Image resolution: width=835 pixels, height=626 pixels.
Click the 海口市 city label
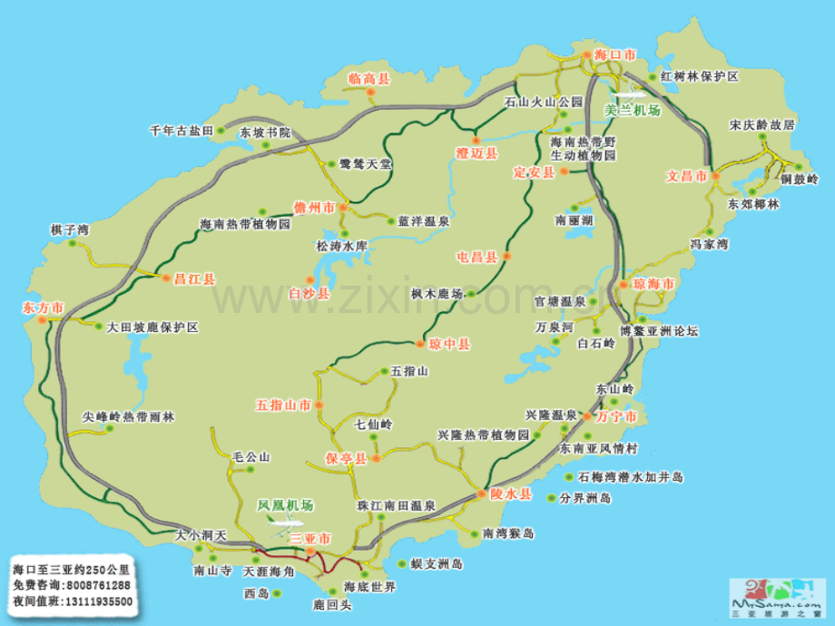click(x=614, y=55)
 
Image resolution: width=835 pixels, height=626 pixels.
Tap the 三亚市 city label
click(x=310, y=538)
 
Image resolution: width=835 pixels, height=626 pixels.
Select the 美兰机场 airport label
click(x=632, y=110)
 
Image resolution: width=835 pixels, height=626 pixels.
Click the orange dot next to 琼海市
click(x=624, y=285)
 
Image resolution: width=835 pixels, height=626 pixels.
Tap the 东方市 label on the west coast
click(x=42, y=308)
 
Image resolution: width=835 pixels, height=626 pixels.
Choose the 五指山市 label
click(x=283, y=404)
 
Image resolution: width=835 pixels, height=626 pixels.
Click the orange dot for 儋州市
click(x=343, y=208)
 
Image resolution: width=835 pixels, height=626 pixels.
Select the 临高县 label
click(x=368, y=79)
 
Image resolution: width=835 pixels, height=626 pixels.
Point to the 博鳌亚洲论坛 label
click(x=659, y=331)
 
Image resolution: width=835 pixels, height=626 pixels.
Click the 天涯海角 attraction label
click(x=269, y=572)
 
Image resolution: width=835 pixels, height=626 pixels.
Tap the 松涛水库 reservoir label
click(x=341, y=246)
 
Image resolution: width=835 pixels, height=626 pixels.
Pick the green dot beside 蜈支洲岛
click(x=400, y=563)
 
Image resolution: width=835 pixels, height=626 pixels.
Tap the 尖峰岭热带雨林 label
click(x=128, y=417)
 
